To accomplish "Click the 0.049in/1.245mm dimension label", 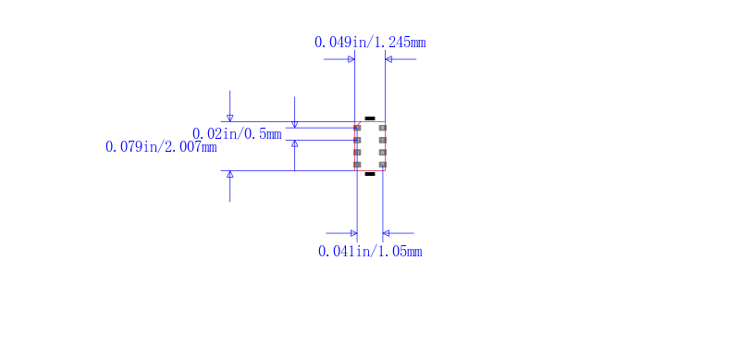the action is tap(370, 43).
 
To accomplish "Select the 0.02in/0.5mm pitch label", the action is tap(237, 134).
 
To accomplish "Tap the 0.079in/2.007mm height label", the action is tap(161, 147).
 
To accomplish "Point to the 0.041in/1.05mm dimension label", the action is tap(370, 252).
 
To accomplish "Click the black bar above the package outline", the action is tap(370, 118).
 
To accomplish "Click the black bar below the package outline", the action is tap(370, 174).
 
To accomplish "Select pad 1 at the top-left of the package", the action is tap(357, 128).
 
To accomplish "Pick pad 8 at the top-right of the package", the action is tap(383, 128).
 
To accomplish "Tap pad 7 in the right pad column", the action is tap(383, 141).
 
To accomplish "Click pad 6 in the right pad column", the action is tap(383, 152).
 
